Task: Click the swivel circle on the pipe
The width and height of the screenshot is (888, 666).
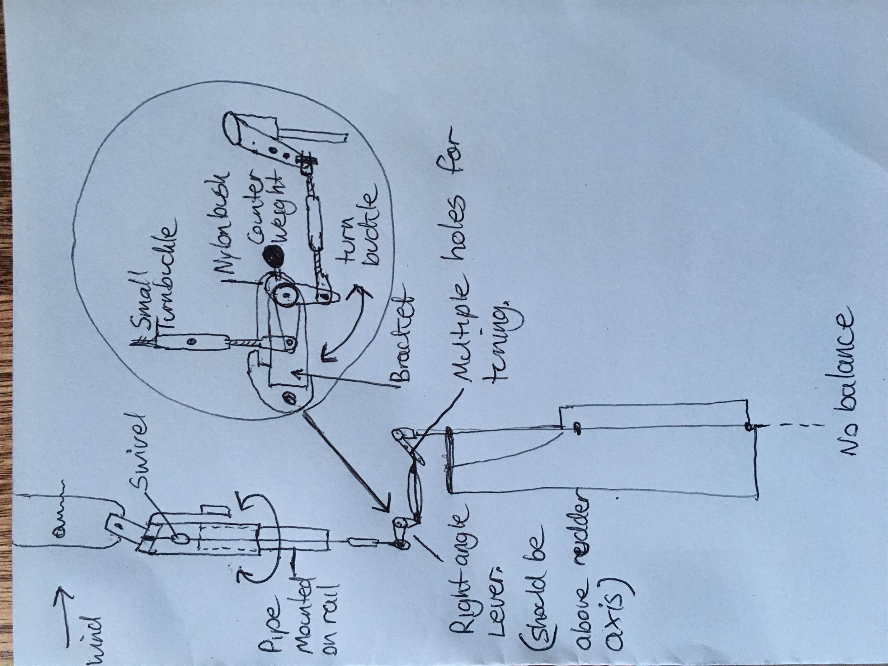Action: [180, 538]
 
